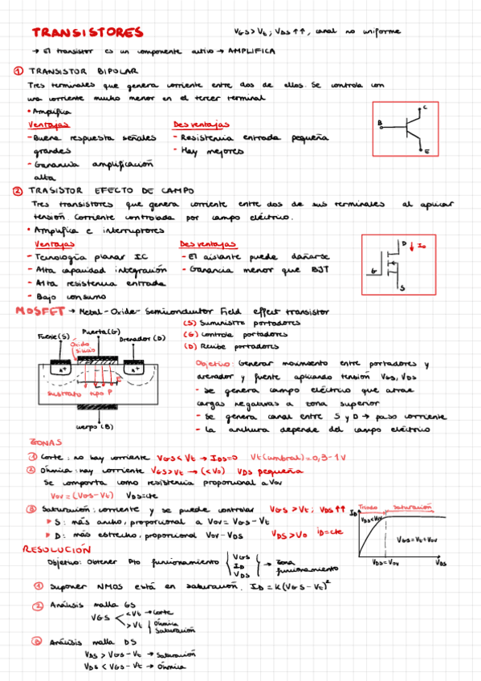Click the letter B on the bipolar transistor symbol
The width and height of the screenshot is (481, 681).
coord(379,123)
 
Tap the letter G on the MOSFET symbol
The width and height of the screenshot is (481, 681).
coord(375,271)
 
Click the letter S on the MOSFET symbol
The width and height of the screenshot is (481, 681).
coord(402,287)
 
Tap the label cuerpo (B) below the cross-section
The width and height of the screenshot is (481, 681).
coord(95,426)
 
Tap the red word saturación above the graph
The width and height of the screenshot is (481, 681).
coord(412,508)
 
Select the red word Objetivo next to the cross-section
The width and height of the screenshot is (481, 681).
coord(214,364)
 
